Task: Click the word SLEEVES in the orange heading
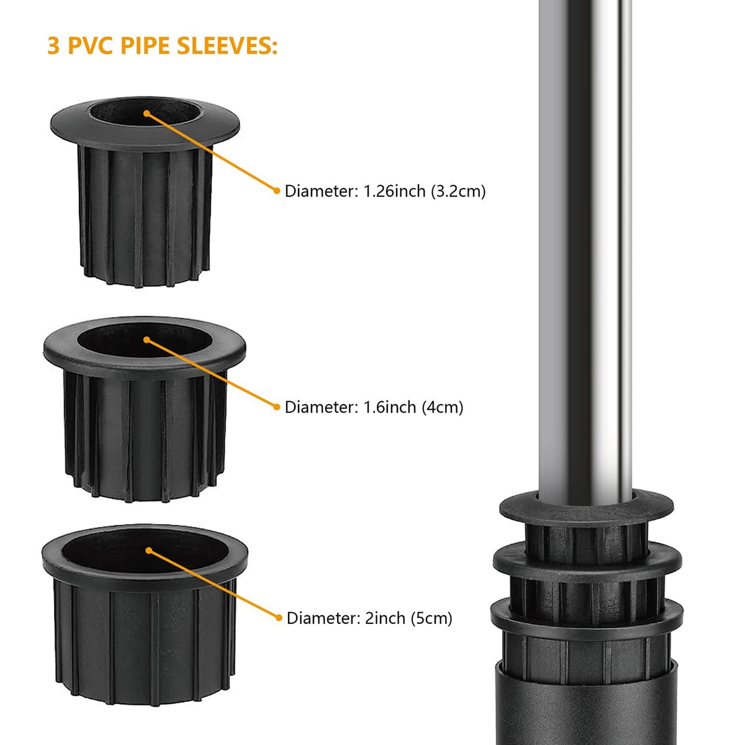227,45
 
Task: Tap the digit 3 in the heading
53,45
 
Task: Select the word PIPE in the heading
145,45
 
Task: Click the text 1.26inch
394,191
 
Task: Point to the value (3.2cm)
458,191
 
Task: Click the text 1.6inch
389,407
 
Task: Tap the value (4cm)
442,407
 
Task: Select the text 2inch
385,618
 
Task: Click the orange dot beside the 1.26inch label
276,190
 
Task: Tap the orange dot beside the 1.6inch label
276,406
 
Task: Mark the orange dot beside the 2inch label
279,617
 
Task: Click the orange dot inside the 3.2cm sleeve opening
147,113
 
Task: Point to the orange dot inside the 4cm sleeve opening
147,340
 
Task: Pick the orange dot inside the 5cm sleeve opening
149,550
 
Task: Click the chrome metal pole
585,251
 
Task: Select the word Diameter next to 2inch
323,618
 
